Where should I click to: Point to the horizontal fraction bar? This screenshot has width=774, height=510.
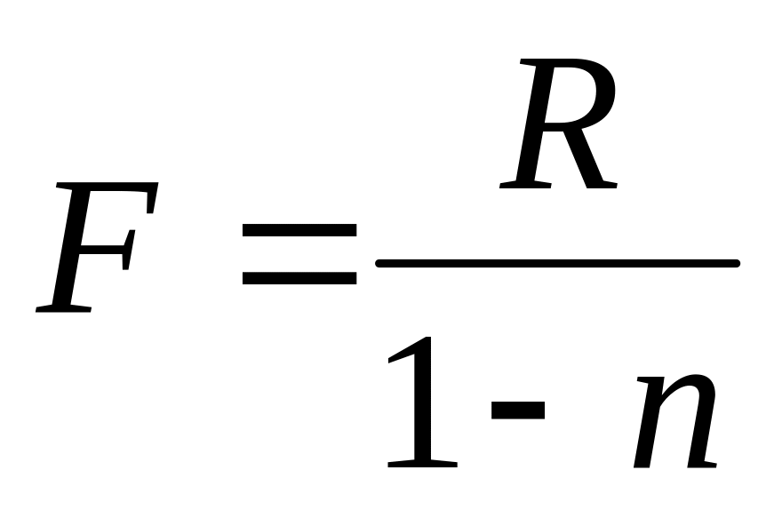[557, 263]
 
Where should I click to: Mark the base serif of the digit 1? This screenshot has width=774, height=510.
[423, 462]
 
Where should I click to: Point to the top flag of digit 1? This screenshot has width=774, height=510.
[404, 351]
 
